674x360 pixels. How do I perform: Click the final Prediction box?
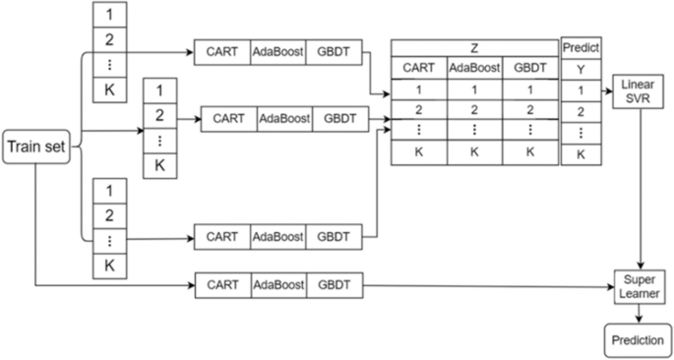[x=638, y=340]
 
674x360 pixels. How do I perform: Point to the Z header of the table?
[x=474, y=46]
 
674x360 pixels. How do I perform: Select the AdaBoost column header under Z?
[x=474, y=67]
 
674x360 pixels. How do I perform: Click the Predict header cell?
[x=580, y=46]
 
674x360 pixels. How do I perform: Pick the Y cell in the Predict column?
[x=580, y=68]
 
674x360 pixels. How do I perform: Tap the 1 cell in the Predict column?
[x=580, y=90]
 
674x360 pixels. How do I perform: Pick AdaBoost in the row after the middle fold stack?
[x=284, y=118]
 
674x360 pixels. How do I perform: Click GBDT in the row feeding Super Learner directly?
[x=334, y=286]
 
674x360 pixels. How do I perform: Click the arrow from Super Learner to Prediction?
[x=638, y=313]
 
